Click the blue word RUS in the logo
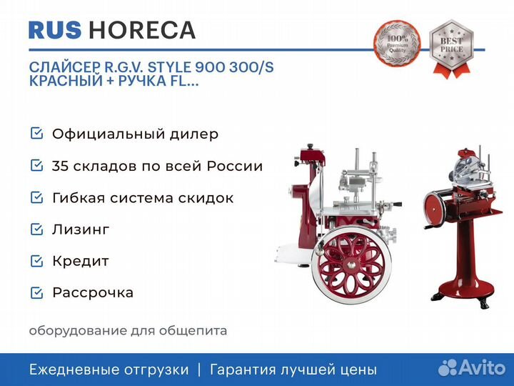pos(55,30)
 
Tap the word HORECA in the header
pos(142,30)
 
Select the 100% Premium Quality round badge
pos(397,43)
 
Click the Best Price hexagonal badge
pos(451,49)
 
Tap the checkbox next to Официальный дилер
pos(36,133)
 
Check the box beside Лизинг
pos(36,229)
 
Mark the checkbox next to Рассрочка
pos(36,292)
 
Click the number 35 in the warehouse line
pos(60,166)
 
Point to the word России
pos(235,166)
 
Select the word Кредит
pos(81,262)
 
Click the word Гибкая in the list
pos(79,198)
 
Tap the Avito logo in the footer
pos(472,367)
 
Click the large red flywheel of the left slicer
pos(351,264)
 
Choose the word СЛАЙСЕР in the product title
pos(64,67)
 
